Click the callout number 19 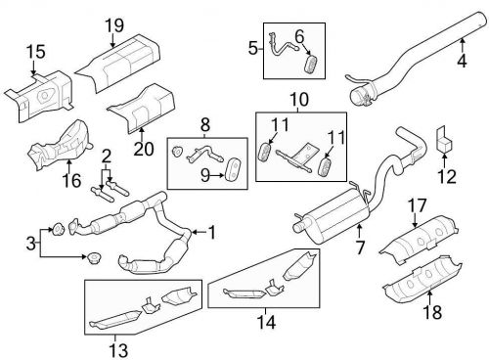click(114, 23)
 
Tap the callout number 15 click(35, 51)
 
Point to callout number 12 click(450, 176)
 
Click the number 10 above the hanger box click(295, 100)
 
